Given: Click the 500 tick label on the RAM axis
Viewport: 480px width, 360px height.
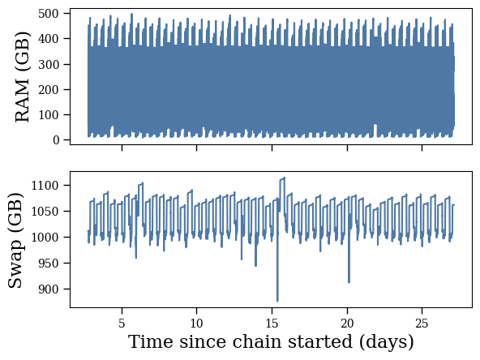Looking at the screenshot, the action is click(x=49, y=14).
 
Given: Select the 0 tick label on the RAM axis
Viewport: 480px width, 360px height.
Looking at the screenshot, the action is click(x=56, y=140).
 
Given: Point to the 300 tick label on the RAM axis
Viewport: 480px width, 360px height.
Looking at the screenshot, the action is click(x=49, y=64).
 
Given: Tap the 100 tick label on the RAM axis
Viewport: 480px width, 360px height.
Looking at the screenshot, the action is click(x=49, y=115).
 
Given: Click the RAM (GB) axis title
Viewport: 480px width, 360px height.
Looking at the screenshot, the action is click(x=23, y=77).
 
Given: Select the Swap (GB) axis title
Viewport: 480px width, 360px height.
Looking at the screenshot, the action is click(x=15, y=241).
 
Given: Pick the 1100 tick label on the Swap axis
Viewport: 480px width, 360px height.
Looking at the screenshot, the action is click(x=45, y=185).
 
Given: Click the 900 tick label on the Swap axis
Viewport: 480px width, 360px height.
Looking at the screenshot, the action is click(x=49, y=289).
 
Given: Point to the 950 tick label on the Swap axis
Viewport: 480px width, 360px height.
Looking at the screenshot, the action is click(x=49, y=263).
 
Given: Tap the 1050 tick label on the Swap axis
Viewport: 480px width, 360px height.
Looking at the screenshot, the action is click(x=45, y=212).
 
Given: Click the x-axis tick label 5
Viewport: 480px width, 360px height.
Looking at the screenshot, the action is click(x=122, y=324).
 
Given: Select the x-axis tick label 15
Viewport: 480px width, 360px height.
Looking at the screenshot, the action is click(x=272, y=324).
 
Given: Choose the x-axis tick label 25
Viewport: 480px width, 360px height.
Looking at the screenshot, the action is click(x=422, y=324).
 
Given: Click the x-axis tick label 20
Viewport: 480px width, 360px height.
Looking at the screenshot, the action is click(x=347, y=324).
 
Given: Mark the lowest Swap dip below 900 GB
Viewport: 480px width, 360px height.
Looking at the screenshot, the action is click(x=277, y=300).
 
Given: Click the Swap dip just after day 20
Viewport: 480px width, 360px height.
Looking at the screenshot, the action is click(x=349, y=281).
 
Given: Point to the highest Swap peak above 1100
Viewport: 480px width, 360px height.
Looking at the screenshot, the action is click(x=285, y=178).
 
